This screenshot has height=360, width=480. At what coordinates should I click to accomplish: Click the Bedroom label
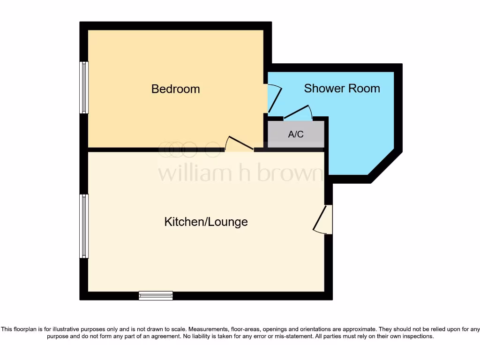175,89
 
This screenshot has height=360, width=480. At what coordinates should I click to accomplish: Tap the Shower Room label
342,88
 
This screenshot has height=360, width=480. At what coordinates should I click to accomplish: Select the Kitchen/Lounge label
206,222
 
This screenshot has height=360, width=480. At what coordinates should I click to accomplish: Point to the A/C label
295,135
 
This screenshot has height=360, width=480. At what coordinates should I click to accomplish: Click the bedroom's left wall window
84,88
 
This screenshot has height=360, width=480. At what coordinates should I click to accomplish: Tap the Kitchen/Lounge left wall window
84,226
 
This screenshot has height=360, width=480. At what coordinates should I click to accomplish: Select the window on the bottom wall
156,295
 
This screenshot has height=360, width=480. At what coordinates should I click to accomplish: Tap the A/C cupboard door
298,112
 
